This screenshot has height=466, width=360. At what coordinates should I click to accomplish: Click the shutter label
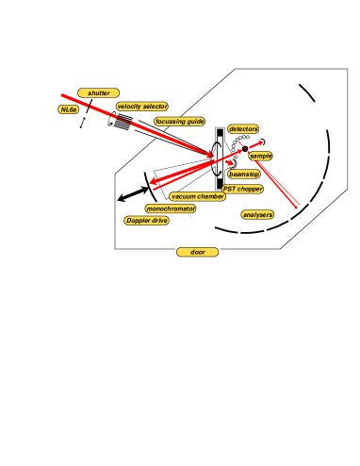click(x=98, y=93)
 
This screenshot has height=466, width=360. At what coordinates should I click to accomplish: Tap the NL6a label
click(x=69, y=109)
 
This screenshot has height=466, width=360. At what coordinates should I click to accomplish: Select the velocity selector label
click(x=142, y=107)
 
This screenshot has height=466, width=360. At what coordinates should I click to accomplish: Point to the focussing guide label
click(x=179, y=122)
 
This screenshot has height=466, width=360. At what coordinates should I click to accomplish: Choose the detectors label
click(x=243, y=129)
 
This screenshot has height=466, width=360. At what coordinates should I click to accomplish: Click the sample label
click(x=260, y=156)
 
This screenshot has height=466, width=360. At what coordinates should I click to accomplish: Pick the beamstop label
click(x=244, y=175)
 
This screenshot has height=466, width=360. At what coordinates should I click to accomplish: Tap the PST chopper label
click(x=242, y=189)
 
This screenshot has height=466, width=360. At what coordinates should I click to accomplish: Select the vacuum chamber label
click(x=198, y=196)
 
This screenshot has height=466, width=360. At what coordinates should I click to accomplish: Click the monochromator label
click(x=171, y=208)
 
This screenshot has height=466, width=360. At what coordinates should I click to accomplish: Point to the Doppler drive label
click(x=146, y=221)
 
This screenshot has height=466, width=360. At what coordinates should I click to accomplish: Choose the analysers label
click(x=257, y=215)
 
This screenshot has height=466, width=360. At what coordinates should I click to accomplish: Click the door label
click(x=197, y=252)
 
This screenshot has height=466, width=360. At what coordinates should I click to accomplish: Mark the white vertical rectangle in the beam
click(x=221, y=157)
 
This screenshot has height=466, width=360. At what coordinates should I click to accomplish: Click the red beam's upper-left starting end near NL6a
click(x=62, y=94)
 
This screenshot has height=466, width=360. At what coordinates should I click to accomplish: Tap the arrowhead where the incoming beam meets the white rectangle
click(x=214, y=155)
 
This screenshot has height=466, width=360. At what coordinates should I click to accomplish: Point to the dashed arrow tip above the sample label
click(x=262, y=141)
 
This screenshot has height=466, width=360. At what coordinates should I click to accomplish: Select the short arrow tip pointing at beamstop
click(x=233, y=165)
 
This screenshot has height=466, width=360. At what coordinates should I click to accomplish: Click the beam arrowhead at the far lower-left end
click(x=151, y=182)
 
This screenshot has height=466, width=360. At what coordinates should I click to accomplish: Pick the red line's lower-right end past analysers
click(x=299, y=207)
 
